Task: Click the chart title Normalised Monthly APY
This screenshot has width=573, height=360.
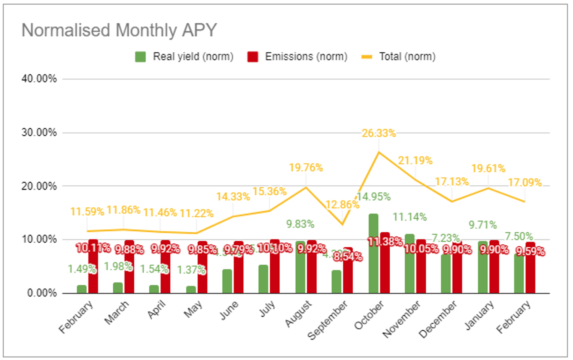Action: click(x=119, y=30)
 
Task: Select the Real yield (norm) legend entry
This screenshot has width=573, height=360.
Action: click(x=184, y=57)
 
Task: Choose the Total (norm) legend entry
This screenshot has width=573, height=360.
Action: click(x=398, y=57)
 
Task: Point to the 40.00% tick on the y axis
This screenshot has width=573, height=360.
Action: click(x=39, y=79)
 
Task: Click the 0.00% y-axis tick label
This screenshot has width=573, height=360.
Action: click(x=42, y=293)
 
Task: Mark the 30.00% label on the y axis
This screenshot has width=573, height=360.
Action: click(x=39, y=133)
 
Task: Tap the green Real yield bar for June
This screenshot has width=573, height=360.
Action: click(x=227, y=281)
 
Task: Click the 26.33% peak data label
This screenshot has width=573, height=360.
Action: click(x=379, y=133)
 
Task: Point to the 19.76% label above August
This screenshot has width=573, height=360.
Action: click(x=306, y=168)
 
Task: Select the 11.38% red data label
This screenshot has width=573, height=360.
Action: click(x=385, y=242)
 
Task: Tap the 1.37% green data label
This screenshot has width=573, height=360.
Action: click(x=191, y=270)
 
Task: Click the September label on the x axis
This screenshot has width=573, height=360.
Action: click(x=328, y=320)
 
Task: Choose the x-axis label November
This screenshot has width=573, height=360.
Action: click(x=402, y=319)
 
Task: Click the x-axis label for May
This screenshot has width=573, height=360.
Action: click(x=193, y=310)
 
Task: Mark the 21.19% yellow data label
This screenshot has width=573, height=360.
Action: click(x=415, y=161)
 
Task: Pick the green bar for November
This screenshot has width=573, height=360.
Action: click(x=410, y=264)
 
